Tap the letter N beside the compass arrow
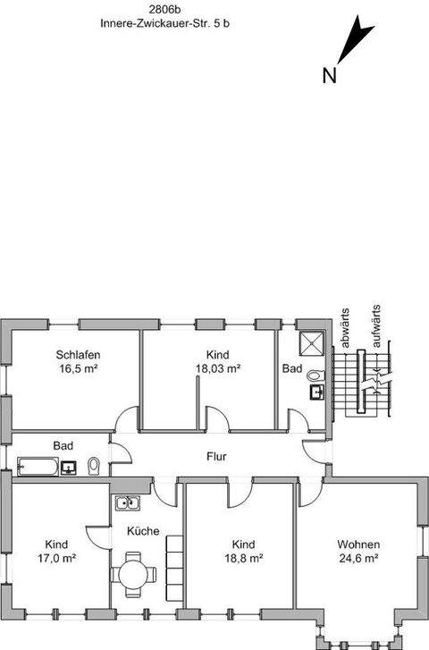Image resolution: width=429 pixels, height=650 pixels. pos(329,75)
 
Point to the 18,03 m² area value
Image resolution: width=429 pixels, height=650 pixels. pos(217,367)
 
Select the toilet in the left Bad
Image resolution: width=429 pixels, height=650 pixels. pos(94,466)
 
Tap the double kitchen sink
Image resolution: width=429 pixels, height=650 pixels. pos(126,502)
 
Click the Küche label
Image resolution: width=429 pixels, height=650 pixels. pos(143,531)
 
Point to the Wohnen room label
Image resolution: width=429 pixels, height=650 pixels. pos(358,544)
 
